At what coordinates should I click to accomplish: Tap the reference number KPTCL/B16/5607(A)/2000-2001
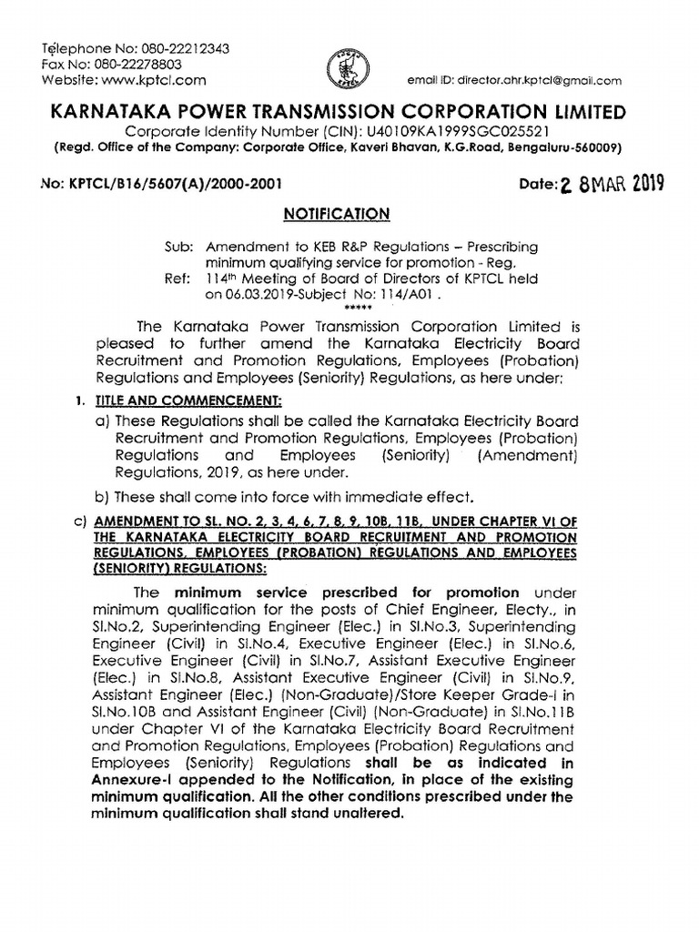pos(173,183)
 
